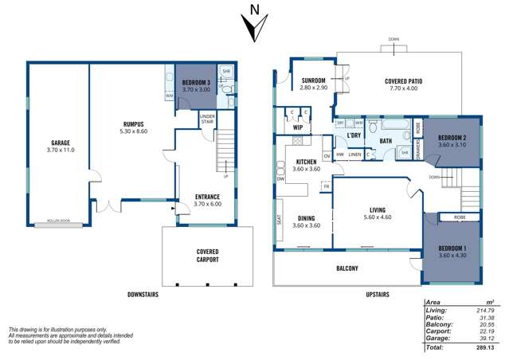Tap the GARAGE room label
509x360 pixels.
pos(55,143)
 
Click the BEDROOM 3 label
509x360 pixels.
pos(195,83)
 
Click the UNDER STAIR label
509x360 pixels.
pos(207,120)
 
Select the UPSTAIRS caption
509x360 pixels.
pos(378,295)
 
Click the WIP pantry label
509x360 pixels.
pos(297,127)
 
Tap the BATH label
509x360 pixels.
pos(363,141)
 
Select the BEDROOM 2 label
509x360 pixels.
pos(452,136)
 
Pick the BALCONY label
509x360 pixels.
pos(347,268)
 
